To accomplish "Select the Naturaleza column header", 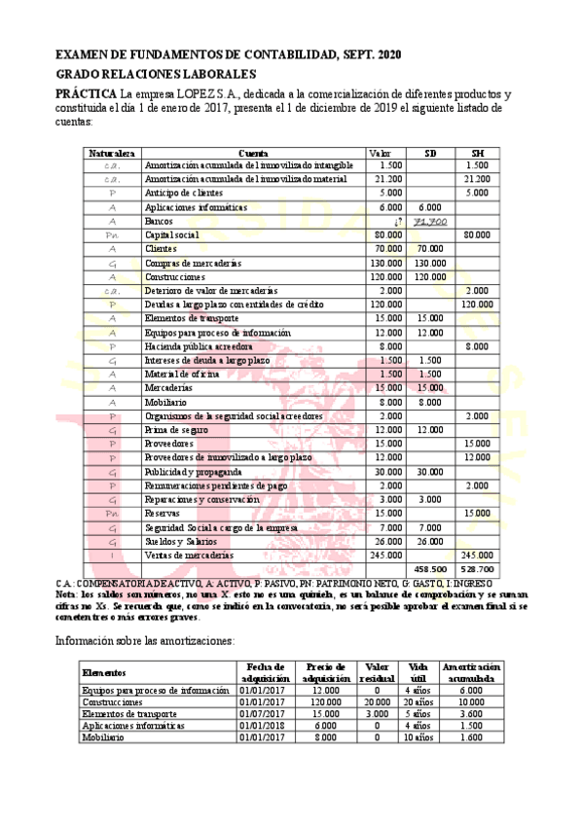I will [x=112, y=153].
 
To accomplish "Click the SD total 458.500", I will [x=429, y=567].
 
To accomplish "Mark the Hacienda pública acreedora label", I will [x=199, y=345].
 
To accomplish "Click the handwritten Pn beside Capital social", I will [x=112, y=235].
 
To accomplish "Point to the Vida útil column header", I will [x=419, y=671].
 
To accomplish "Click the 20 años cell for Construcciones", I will [x=419, y=701].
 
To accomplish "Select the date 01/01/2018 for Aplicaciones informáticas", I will [x=263, y=726].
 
